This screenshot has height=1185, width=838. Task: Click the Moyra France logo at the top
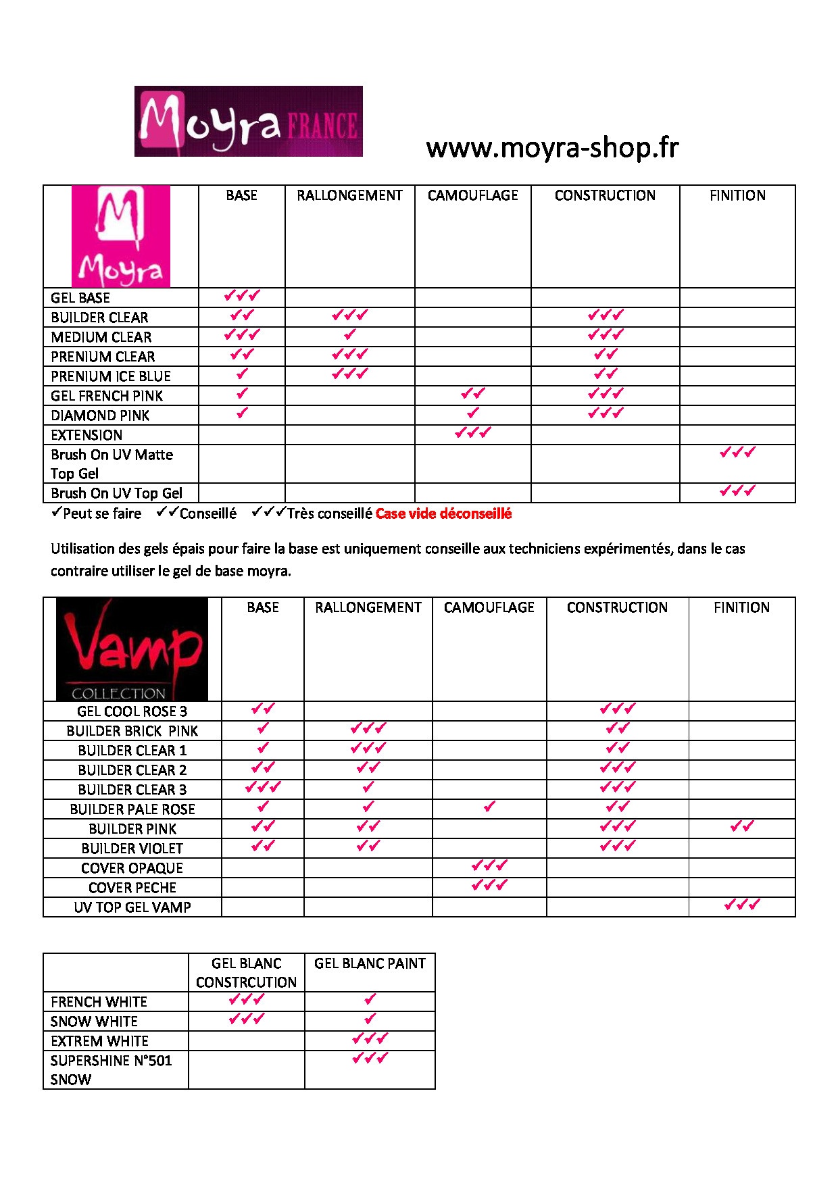coord(248,122)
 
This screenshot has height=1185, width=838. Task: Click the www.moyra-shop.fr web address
coord(552,147)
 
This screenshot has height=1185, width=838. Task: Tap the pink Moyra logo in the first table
coord(121,236)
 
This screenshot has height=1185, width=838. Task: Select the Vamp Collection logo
coord(132,649)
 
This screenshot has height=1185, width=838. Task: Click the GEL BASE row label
coord(80,298)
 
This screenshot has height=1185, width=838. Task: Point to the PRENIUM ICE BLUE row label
coord(111,376)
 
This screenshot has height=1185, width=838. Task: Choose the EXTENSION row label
coord(87,435)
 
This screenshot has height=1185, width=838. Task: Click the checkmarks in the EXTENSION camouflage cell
coord(472,432)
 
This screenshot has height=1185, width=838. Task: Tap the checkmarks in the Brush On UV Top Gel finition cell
coord(737,491)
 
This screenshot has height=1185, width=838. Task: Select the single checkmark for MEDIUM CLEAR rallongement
coord(349,334)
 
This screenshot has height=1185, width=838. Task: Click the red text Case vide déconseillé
coord(443,514)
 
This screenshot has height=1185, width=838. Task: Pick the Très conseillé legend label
coord(329,514)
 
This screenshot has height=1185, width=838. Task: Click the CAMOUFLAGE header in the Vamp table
coord(489,608)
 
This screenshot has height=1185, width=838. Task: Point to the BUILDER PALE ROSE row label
coord(132,809)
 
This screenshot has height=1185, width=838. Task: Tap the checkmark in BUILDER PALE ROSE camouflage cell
coord(489,807)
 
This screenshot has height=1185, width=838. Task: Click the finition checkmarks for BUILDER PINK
coord(742,826)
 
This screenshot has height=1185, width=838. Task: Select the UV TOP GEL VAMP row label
coord(132,907)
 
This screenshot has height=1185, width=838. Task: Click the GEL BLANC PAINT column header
coord(370,963)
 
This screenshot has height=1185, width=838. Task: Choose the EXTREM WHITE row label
coord(99,1041)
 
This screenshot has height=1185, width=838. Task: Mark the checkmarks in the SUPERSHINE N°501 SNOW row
coord(370,1059)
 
